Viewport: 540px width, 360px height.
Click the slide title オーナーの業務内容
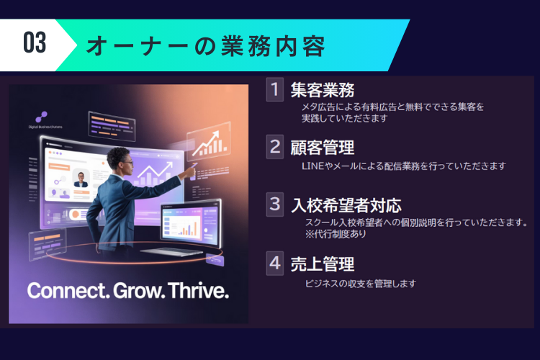[205, 46]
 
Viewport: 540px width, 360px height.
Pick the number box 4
[275, 263]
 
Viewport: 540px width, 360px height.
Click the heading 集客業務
[323, 91]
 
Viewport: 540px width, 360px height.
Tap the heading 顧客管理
[323, 148]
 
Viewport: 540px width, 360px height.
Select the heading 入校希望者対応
[346, 205]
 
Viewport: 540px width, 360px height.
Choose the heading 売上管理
[323, 264]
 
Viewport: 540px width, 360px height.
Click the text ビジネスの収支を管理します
[361, 283]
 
